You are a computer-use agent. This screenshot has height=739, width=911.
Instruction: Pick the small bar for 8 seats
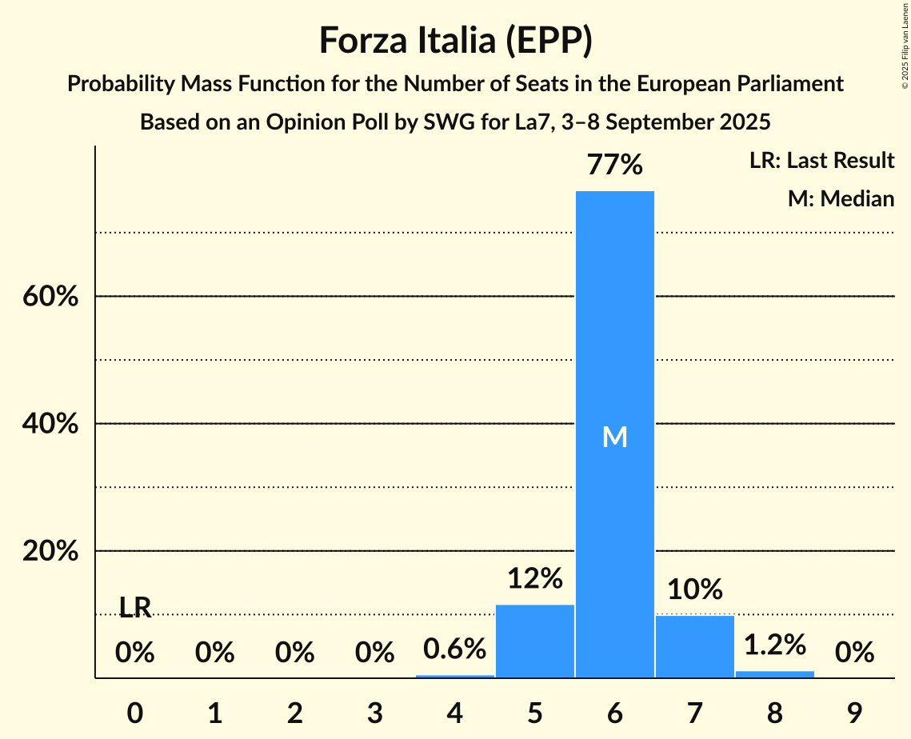(x=774, y=674)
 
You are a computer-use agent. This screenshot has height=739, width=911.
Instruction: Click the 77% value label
(x=614, y=165)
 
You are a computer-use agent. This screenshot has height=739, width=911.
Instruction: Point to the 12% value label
(x=534, y=578)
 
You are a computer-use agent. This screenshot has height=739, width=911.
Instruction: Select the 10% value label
(x=694, y=589)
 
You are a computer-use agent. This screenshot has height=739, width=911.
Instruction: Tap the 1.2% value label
(x=774, y=644)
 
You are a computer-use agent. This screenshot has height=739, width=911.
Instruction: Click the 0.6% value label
(x=454, y=649)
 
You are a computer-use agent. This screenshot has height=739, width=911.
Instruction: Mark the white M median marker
(x=614, y=437)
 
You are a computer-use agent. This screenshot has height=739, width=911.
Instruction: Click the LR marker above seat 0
(x=135, y=608)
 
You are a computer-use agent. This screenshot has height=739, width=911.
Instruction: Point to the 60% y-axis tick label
(x=50, y=297)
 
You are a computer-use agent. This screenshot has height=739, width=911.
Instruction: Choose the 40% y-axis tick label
(x=50, y=424)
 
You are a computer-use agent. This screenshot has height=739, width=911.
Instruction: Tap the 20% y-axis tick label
(x=50, y=552)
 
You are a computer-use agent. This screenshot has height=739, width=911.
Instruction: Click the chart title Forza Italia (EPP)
(x=455, y=40)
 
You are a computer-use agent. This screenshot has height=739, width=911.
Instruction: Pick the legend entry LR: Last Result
(x=821, y=161)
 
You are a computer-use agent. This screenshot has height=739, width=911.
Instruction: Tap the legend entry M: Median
(x=841, y=198)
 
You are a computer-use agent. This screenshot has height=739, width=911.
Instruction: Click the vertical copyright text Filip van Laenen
(x=905, y=46)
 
